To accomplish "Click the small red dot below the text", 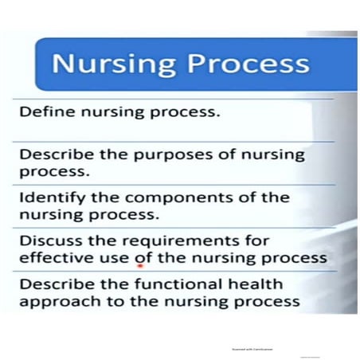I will (x=139, y=267).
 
